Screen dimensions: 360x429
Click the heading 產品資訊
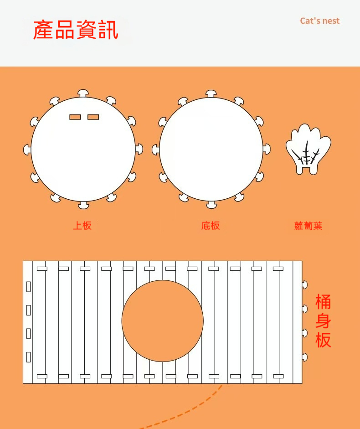[76, 30]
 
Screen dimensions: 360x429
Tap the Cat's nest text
[319, 21]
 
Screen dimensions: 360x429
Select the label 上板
[82, 226]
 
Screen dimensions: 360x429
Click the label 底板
[211, 226]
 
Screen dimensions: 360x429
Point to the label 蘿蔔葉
[309, 226]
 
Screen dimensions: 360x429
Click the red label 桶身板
[323, 320]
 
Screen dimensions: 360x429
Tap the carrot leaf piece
[309, 149]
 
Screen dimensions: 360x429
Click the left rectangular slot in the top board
[75, 117]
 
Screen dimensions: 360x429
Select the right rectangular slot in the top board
[93, 117]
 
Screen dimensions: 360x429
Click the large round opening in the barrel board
[163, 321]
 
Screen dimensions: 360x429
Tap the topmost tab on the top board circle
[83, 93]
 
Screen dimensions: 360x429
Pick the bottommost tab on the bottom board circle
[211, 205]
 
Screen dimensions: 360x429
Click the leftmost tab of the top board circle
[27, 150]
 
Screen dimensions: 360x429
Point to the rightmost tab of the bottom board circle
[267, 149]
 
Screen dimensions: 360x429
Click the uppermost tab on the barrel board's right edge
[305, 285]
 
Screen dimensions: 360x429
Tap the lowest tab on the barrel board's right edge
[305, 357]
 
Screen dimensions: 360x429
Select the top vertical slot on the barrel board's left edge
[28, 287]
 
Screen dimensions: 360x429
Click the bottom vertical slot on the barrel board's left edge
[28, 357]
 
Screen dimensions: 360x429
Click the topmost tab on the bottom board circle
[211, 93]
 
